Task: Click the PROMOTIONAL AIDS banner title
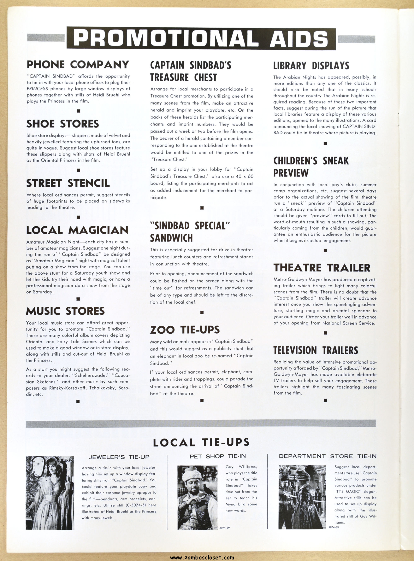pos(201,39)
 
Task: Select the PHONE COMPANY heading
pos(78,64)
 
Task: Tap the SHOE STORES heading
pos(63,124)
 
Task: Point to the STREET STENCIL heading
pos(68,183)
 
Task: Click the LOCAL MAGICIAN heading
pos(77,230)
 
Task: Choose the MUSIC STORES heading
pos(65,311)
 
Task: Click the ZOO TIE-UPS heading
pos(185,330)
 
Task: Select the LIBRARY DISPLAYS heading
pos(311,66)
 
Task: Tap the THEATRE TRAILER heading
pos(321,268)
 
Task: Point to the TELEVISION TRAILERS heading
pos(315,350)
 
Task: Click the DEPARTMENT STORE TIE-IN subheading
pos(327,456)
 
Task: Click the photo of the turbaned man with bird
pos(197,497)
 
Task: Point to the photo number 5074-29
pos(226,527)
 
